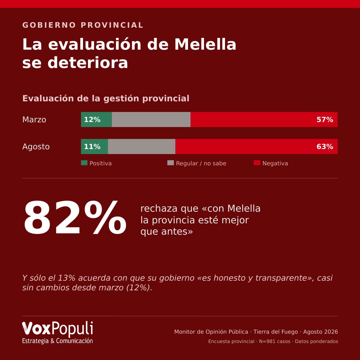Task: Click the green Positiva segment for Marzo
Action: [x=96, y=119]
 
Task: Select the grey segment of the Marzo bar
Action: [x=151, y=119]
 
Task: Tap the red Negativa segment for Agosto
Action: [x=256, y=146]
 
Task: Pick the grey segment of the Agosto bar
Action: [x=142, y=146]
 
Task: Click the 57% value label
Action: [x=325, y=120]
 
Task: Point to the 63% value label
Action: [x=325, y=147]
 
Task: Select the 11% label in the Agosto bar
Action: [x=92, y=147]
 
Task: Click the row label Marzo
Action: [x=34, y=120]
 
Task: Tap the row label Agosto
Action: [x=36, y=147]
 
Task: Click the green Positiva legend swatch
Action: [x=84, y=163]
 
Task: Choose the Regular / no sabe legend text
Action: [x=201, y=163]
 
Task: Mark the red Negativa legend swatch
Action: [x=257, y=163]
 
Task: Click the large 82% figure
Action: [x=75, y=217]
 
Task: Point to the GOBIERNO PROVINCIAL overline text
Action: [x=83, y=25]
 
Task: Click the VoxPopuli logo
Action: [x=57, y=332]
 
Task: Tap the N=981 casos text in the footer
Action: [x=275, y=341]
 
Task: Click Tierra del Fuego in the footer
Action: [x=276, y=332]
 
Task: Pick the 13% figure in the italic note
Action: [x=66, y=278]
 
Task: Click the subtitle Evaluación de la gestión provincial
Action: [x=106, y=98]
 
